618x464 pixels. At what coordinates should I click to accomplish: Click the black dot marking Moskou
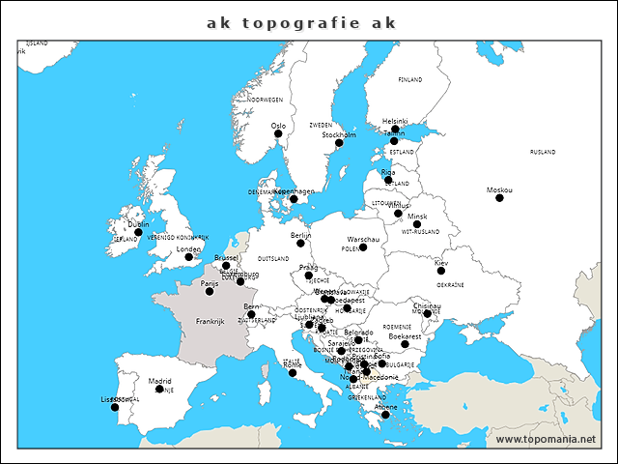[x=499, y=198]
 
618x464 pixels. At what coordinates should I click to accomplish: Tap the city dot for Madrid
[x=159, y=390]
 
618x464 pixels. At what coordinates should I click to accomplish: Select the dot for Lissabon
[x=115, y=407]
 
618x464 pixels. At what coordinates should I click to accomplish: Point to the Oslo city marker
[x=278, y=134]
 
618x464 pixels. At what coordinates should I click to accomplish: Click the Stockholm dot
[x=339, y=143]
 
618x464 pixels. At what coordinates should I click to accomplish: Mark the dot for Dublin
[x=138, y=232]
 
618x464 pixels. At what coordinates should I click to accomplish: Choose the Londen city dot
[x=188, y=257]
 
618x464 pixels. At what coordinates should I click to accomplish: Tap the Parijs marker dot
[x=210, y=291]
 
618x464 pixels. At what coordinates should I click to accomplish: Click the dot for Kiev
[x=441, y=271]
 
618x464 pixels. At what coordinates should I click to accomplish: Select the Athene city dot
[x=385, y=416]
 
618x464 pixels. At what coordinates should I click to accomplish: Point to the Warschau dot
[x=363, y=246]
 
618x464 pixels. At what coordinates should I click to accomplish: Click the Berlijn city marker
[x=300, y=243]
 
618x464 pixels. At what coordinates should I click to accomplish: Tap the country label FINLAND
[x=410, y=80]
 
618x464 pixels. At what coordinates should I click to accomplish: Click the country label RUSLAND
[x=543, y=152]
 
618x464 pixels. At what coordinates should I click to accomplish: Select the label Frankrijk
[x=210, y=321]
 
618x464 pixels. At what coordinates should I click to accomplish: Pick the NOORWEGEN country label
[x=265, y=100]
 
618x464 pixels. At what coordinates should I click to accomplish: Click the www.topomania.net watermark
[x=546, y=440]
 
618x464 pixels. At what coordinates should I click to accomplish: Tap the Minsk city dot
[x=417, y=224]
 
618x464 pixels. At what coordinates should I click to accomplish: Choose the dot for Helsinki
[x=395, y=129]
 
